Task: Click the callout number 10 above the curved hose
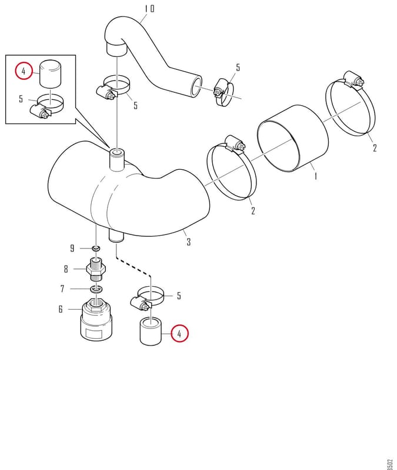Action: coord(149,9)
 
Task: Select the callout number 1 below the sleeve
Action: coord(315,176)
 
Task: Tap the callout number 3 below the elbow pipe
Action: coord(188,242)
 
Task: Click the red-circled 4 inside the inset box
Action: coord(24,71)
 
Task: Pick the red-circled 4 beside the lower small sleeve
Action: coord(179,333)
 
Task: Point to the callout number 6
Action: coord(61,309)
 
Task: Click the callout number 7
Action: coord(62,288)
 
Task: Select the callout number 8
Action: coord(66,269)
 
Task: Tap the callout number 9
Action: coord(72,248)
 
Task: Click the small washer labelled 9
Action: coord(96,249)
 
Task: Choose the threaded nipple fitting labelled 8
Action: coord(96,269)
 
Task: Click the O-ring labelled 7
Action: coord(96,289)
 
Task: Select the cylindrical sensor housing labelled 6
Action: coord(96,320)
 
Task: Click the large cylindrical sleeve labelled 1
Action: coord(293,138)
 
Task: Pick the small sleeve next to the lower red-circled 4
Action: coord(151,331)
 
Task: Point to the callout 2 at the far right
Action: coord(375,148)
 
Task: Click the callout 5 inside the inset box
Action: coord(21,99)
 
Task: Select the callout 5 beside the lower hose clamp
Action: coord(179,296)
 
